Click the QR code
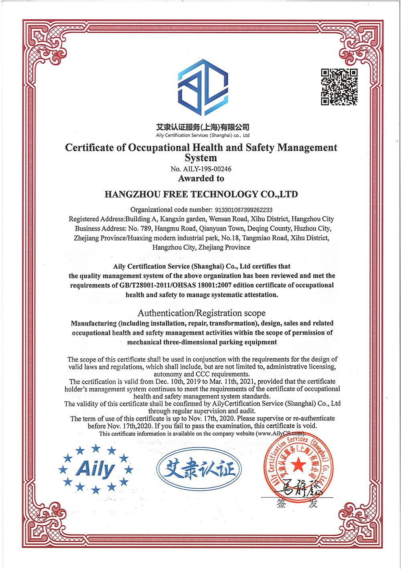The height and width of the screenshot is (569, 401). [339, 87]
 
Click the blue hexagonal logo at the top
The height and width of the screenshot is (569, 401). [203, 87]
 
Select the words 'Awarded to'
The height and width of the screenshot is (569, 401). [201, 178]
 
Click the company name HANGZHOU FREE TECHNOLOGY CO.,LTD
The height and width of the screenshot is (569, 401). [201, 194]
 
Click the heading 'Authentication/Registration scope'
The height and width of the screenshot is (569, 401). [201, 313]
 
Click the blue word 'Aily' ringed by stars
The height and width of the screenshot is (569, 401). [95, 468]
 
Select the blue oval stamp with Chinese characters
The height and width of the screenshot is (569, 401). [199, 468]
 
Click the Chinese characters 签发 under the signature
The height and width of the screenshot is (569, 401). [297, 504]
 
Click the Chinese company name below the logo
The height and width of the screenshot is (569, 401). [203, 127]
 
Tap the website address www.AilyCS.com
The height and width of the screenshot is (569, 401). [280, 433]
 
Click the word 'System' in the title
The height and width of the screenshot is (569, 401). [200, 158]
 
